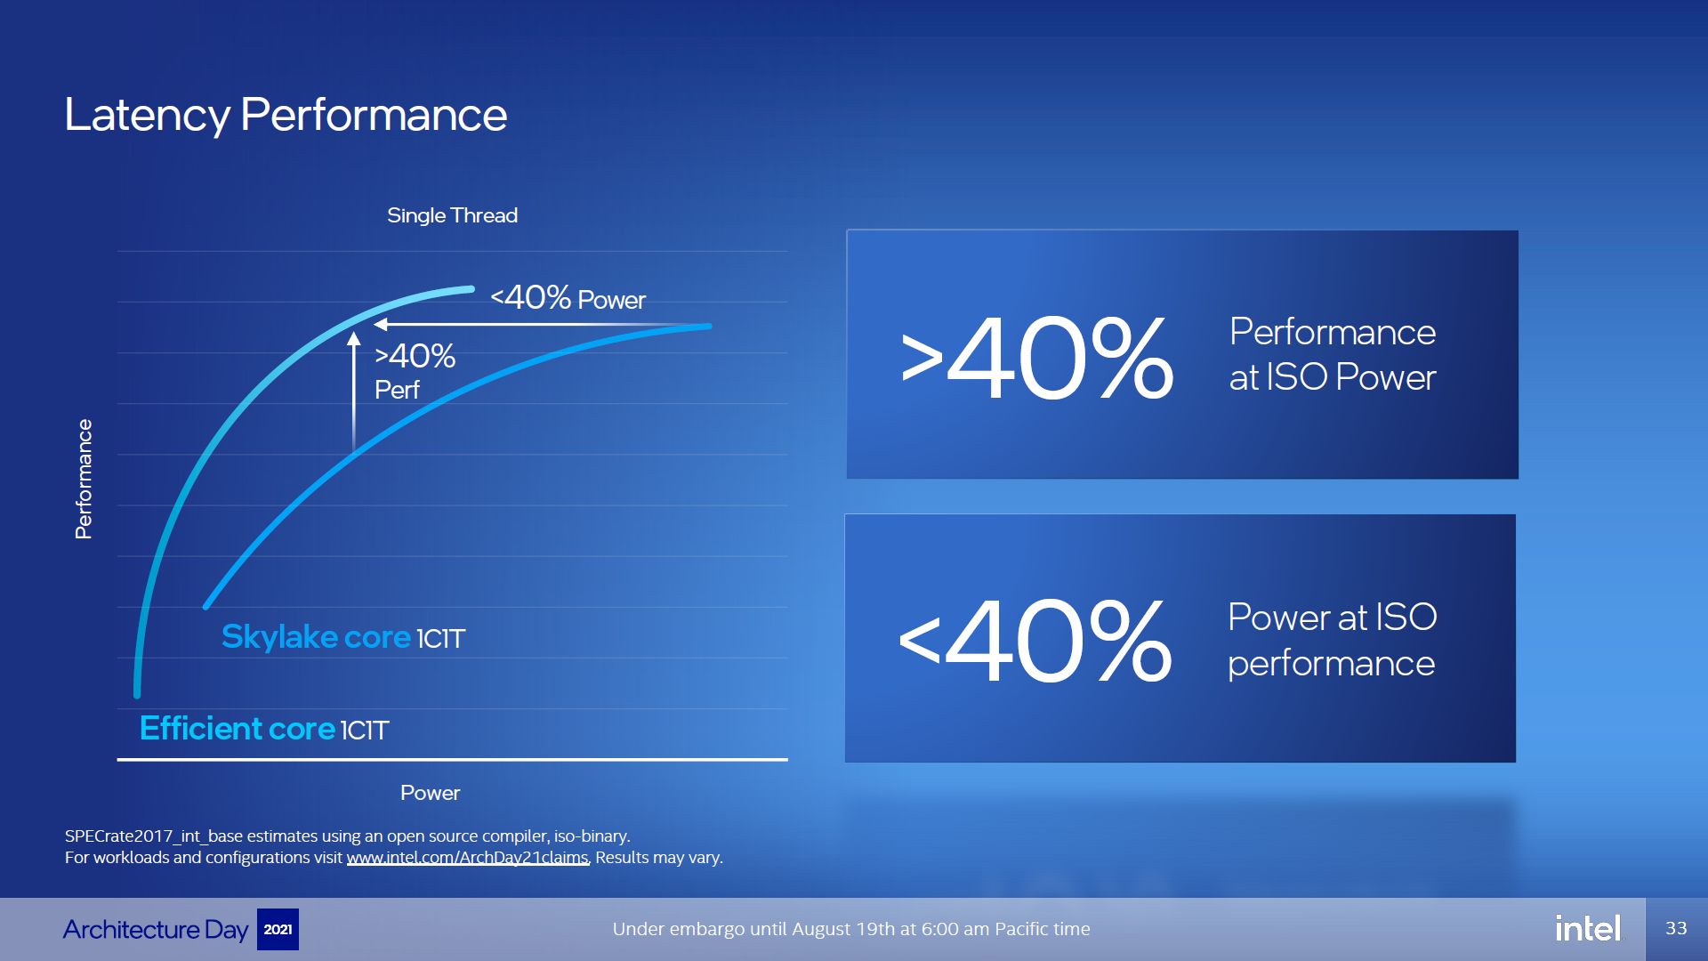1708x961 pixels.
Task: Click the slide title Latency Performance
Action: tap(286, 116)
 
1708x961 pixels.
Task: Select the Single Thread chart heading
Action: tap(452, 215)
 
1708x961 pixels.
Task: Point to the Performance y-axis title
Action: tap(84, 479)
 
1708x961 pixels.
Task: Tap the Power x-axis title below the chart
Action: tap(430, 793)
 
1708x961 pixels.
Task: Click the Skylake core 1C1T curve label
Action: tap(343, 637)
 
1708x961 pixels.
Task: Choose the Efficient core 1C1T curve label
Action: tap(264, 729)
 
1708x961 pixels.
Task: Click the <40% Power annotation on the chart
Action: tap(568, 298)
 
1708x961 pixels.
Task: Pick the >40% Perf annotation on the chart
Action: tap(415, 371)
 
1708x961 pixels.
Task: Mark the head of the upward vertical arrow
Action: tap(354, 338)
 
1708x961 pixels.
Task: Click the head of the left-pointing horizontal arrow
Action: tap(381, 325)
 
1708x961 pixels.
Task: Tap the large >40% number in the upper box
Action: tap(1037, 359)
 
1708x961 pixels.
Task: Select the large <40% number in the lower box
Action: tap(1035, 641)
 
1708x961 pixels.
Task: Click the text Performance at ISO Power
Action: tap(1333, 354)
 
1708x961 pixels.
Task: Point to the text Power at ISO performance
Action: tap(1333, 640)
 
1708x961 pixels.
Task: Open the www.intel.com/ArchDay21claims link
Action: tap(468, 858)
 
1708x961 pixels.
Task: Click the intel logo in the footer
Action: tap(1588, 929)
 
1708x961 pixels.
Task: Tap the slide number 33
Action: tap(1676, 929)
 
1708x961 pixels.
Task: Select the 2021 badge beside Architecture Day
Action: tap(278, 929)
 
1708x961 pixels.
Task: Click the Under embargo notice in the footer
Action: tap(851, 929)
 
